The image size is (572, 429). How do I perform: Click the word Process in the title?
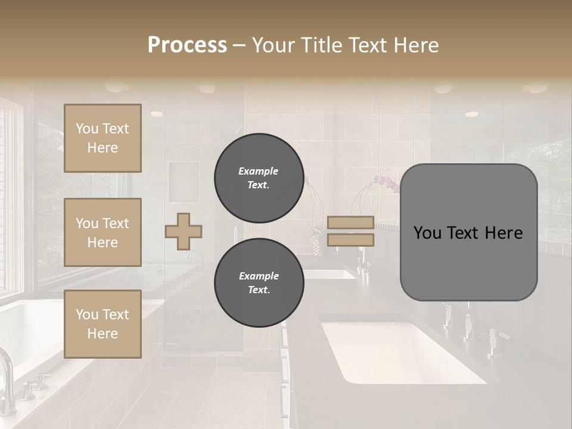point(187,45)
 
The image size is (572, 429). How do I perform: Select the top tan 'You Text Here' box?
point(102,138)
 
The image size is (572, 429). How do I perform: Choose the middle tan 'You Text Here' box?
point(102,232)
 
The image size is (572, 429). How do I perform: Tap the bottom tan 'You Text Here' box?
point(102,324)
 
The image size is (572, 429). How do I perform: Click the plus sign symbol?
point(184,231)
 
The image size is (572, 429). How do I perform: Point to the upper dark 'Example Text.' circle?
point(259,178)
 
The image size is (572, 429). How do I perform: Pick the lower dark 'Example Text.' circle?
point(259,282)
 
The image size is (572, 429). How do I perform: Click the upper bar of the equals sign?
point(350,223)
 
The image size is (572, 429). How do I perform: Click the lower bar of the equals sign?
point(350,240)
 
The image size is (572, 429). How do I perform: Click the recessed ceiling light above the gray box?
point(471,114)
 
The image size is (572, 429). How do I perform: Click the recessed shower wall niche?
point(183,182)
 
